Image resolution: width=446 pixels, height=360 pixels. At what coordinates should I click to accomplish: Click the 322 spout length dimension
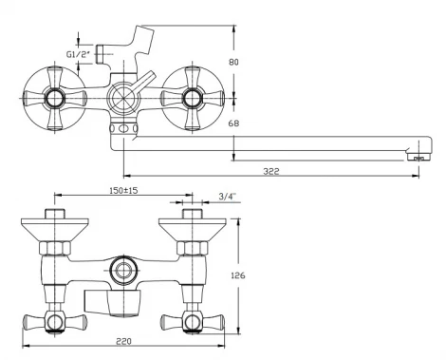[271, 171]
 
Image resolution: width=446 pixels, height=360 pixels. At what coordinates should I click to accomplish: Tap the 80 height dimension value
[233, 62]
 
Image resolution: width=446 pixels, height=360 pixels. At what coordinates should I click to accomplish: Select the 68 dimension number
[233, 123]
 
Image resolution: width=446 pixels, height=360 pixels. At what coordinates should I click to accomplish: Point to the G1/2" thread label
[79, 54]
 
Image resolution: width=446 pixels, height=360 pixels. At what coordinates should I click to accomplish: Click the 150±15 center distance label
[123, 191]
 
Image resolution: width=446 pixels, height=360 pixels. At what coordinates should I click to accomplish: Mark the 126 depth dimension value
[237, 275]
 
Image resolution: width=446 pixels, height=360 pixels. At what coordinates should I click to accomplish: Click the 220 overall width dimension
[123, 341]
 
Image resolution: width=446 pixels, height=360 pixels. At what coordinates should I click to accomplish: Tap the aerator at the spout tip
[418, 158]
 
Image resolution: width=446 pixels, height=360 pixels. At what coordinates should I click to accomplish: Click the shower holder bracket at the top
[142, 40]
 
